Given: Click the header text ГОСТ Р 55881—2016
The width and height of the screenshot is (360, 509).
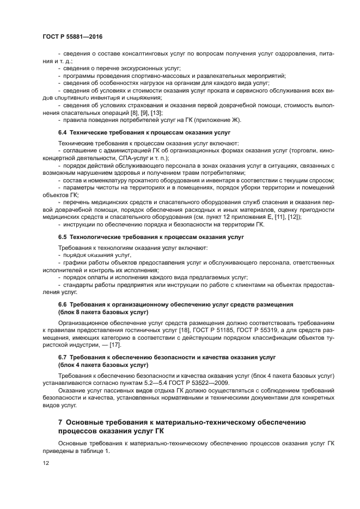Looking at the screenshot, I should [x=72, y=36].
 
